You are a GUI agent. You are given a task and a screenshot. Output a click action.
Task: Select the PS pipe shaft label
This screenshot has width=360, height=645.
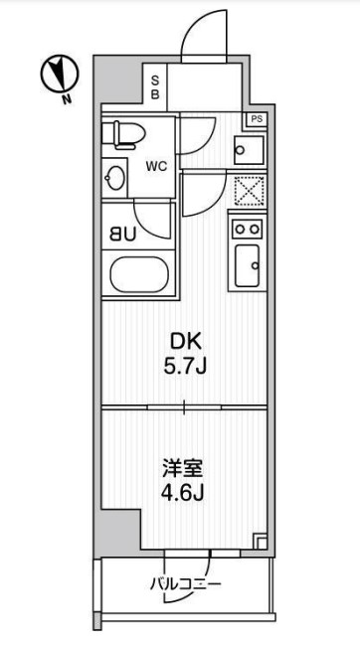click(258, 119)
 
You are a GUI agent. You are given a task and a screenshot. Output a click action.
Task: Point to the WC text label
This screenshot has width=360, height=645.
click(157, 166)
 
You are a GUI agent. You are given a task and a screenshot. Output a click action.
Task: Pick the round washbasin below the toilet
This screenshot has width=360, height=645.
click(116, 180)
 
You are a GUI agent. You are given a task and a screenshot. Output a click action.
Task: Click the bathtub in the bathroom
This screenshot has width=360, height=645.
click(139, 275)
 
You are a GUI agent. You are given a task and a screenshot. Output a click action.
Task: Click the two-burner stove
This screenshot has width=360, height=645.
click(247, 229)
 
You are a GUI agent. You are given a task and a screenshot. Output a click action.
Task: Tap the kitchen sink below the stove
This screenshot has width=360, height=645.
click(247, 265)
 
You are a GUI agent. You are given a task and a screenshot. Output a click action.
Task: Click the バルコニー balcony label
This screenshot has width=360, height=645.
click(186, 583)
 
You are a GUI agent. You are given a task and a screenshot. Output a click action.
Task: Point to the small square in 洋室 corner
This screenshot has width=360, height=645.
click(261, 542)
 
